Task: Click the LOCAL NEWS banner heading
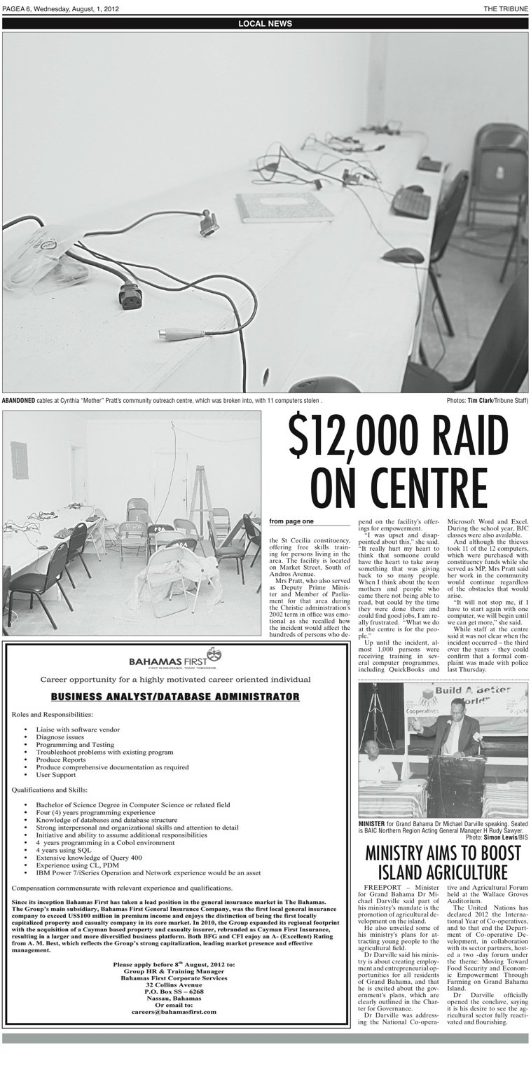point(265,24)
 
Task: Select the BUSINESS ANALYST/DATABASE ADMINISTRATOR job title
point(175,697)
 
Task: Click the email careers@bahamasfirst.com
point(174,1012)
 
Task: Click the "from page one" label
point(291,521)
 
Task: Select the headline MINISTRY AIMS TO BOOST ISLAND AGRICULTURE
point(442,862)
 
